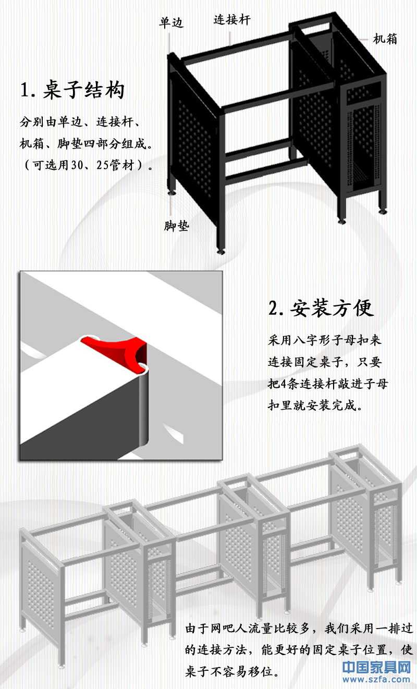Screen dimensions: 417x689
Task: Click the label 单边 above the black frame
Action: point(171,23)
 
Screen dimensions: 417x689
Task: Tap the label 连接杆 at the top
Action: point(232,20)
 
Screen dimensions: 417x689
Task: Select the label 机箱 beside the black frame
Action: point(385,39)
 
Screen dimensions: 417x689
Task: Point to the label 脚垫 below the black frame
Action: point(176,226)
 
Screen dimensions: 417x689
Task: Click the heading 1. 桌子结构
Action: point(72,90)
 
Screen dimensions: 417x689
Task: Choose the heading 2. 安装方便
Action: point(321,308)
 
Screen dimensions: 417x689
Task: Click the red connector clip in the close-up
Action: point(115,352)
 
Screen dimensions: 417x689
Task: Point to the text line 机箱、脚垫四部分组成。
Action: point(87,144)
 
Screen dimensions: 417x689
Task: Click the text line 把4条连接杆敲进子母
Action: point(328,384)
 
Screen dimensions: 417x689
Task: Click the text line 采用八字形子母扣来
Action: point(325,340)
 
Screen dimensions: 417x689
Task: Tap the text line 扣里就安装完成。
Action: point(315,405)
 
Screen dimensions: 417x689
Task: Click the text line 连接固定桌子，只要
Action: point(325,362)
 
